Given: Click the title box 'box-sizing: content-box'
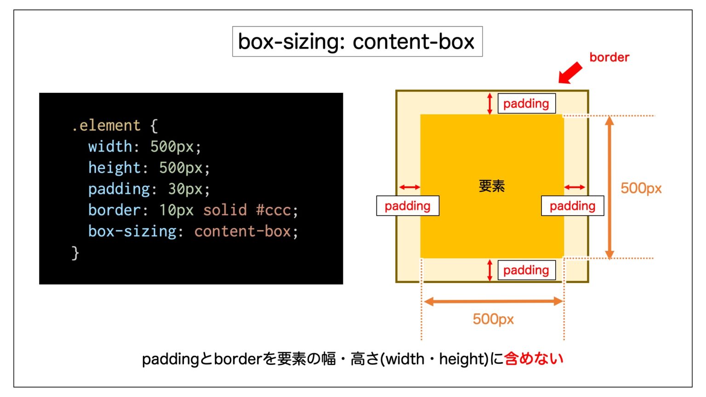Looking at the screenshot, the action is tap(358, 41).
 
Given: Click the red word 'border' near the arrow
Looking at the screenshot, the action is tap(609, 57).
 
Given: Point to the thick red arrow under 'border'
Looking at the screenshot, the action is tap(570, 73).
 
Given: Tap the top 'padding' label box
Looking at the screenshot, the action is tap(527, 103).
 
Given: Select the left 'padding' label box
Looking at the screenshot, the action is tap(408, 206).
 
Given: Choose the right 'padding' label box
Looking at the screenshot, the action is tap(573, 206).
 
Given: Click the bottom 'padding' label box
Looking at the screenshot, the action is tap(527, 270).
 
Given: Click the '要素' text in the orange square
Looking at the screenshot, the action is tap(492, 186).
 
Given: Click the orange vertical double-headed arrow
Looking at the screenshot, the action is tap(609, 187).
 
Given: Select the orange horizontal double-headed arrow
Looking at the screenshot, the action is tap(493, 301).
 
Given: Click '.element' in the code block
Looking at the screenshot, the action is tap(106, 125).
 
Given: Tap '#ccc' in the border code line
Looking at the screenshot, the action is tap(273, 210).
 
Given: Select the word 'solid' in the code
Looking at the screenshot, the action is tap(225, 210).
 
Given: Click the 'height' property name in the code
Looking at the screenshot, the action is tap(114, 168).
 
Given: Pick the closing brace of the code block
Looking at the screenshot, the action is tap(75, 253).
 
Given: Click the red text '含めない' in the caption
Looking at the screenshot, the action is tap(534, 358).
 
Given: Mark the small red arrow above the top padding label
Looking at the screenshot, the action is tap(490, 103).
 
